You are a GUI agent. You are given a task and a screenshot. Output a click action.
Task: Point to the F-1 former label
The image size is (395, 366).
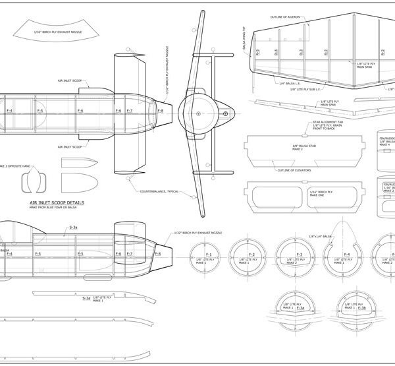(209, 255)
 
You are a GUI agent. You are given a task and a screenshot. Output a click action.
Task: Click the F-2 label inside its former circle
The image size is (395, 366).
(251, 255)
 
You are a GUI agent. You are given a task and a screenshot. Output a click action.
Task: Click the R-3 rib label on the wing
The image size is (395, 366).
(300, 51)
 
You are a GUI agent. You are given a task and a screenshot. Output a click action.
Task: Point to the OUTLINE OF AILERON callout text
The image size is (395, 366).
(288, 16)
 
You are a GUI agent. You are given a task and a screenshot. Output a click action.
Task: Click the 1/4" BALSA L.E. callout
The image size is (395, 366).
(290, 83)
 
